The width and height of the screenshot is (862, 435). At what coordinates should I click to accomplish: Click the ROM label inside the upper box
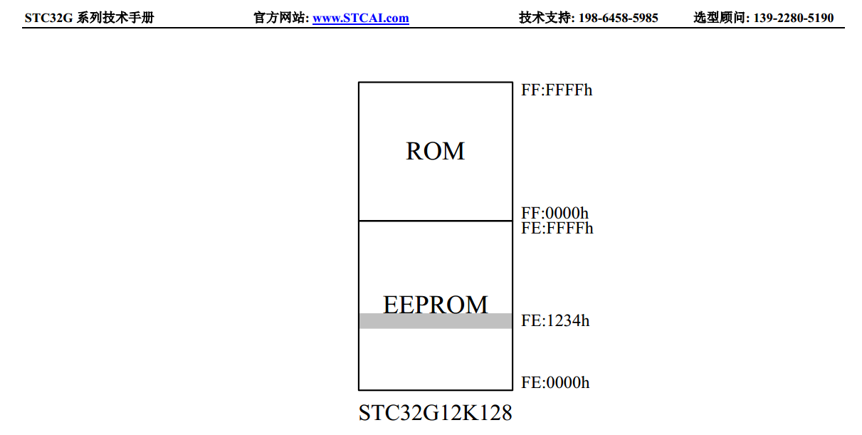(x=435, y=151)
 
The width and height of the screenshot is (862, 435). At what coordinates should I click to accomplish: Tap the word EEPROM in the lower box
(x=435, y=304)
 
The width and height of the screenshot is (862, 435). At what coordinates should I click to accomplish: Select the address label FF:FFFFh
(x=557, y=90)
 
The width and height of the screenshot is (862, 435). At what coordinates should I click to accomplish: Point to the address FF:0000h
(x=554, y=213)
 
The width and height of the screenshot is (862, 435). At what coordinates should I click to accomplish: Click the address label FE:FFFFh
(x=557, y=228)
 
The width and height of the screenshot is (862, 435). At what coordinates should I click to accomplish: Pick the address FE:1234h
(x=555, y=320)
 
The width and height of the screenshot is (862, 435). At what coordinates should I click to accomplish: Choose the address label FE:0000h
(x=555, y=383)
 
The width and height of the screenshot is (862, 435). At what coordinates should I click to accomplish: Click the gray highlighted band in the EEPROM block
(x=435, y=322)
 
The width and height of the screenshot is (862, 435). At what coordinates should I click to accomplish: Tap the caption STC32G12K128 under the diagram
(x=435, y=413)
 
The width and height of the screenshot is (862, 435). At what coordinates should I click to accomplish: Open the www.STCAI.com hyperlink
(x=361, y=18)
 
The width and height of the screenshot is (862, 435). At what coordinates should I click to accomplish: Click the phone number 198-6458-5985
(x=618, y=18)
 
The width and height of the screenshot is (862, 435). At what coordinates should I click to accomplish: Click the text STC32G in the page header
(x=48, y=18)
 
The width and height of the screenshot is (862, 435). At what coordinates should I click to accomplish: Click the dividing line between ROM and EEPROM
(x=435, y=221)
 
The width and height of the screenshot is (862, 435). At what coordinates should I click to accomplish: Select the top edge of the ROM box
(x=435, y=83)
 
